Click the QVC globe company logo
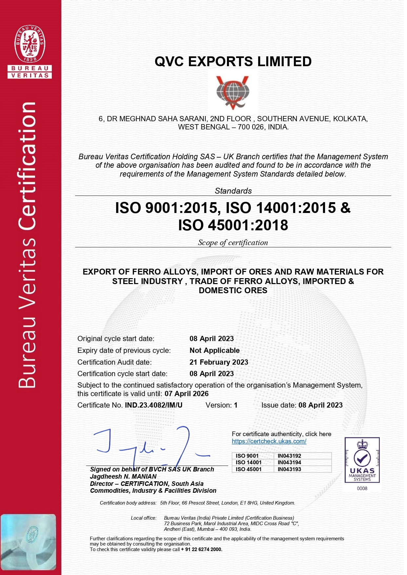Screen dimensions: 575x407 tap(233, 93)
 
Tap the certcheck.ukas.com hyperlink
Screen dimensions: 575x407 tap(269, 441)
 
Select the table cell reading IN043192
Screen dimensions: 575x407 tap(289, 456)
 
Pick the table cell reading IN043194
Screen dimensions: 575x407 tap(289, 462)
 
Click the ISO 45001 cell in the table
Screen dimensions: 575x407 tap(249, 469)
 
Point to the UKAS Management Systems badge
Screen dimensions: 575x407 tap(362, 460)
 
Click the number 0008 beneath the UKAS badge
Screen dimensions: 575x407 tap(362, 489)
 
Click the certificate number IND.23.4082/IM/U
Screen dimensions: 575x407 tap(153, 405)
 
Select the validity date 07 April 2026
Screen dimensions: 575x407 tap(187, 394)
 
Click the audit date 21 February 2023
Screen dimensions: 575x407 tap(219, 362)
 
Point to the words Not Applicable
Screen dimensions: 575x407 tap(214, 351)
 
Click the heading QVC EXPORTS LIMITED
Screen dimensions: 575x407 tap(233, 62)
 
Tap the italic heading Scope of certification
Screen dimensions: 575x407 tap(233, 242)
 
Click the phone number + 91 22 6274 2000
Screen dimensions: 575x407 tap(202, 549)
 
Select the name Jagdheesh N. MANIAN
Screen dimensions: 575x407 tap(123, 476)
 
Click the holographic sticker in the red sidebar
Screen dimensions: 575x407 tap(28, 542)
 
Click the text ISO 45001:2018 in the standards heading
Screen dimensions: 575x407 tap(233, 225)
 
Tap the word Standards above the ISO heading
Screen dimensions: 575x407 tap(233, 191)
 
